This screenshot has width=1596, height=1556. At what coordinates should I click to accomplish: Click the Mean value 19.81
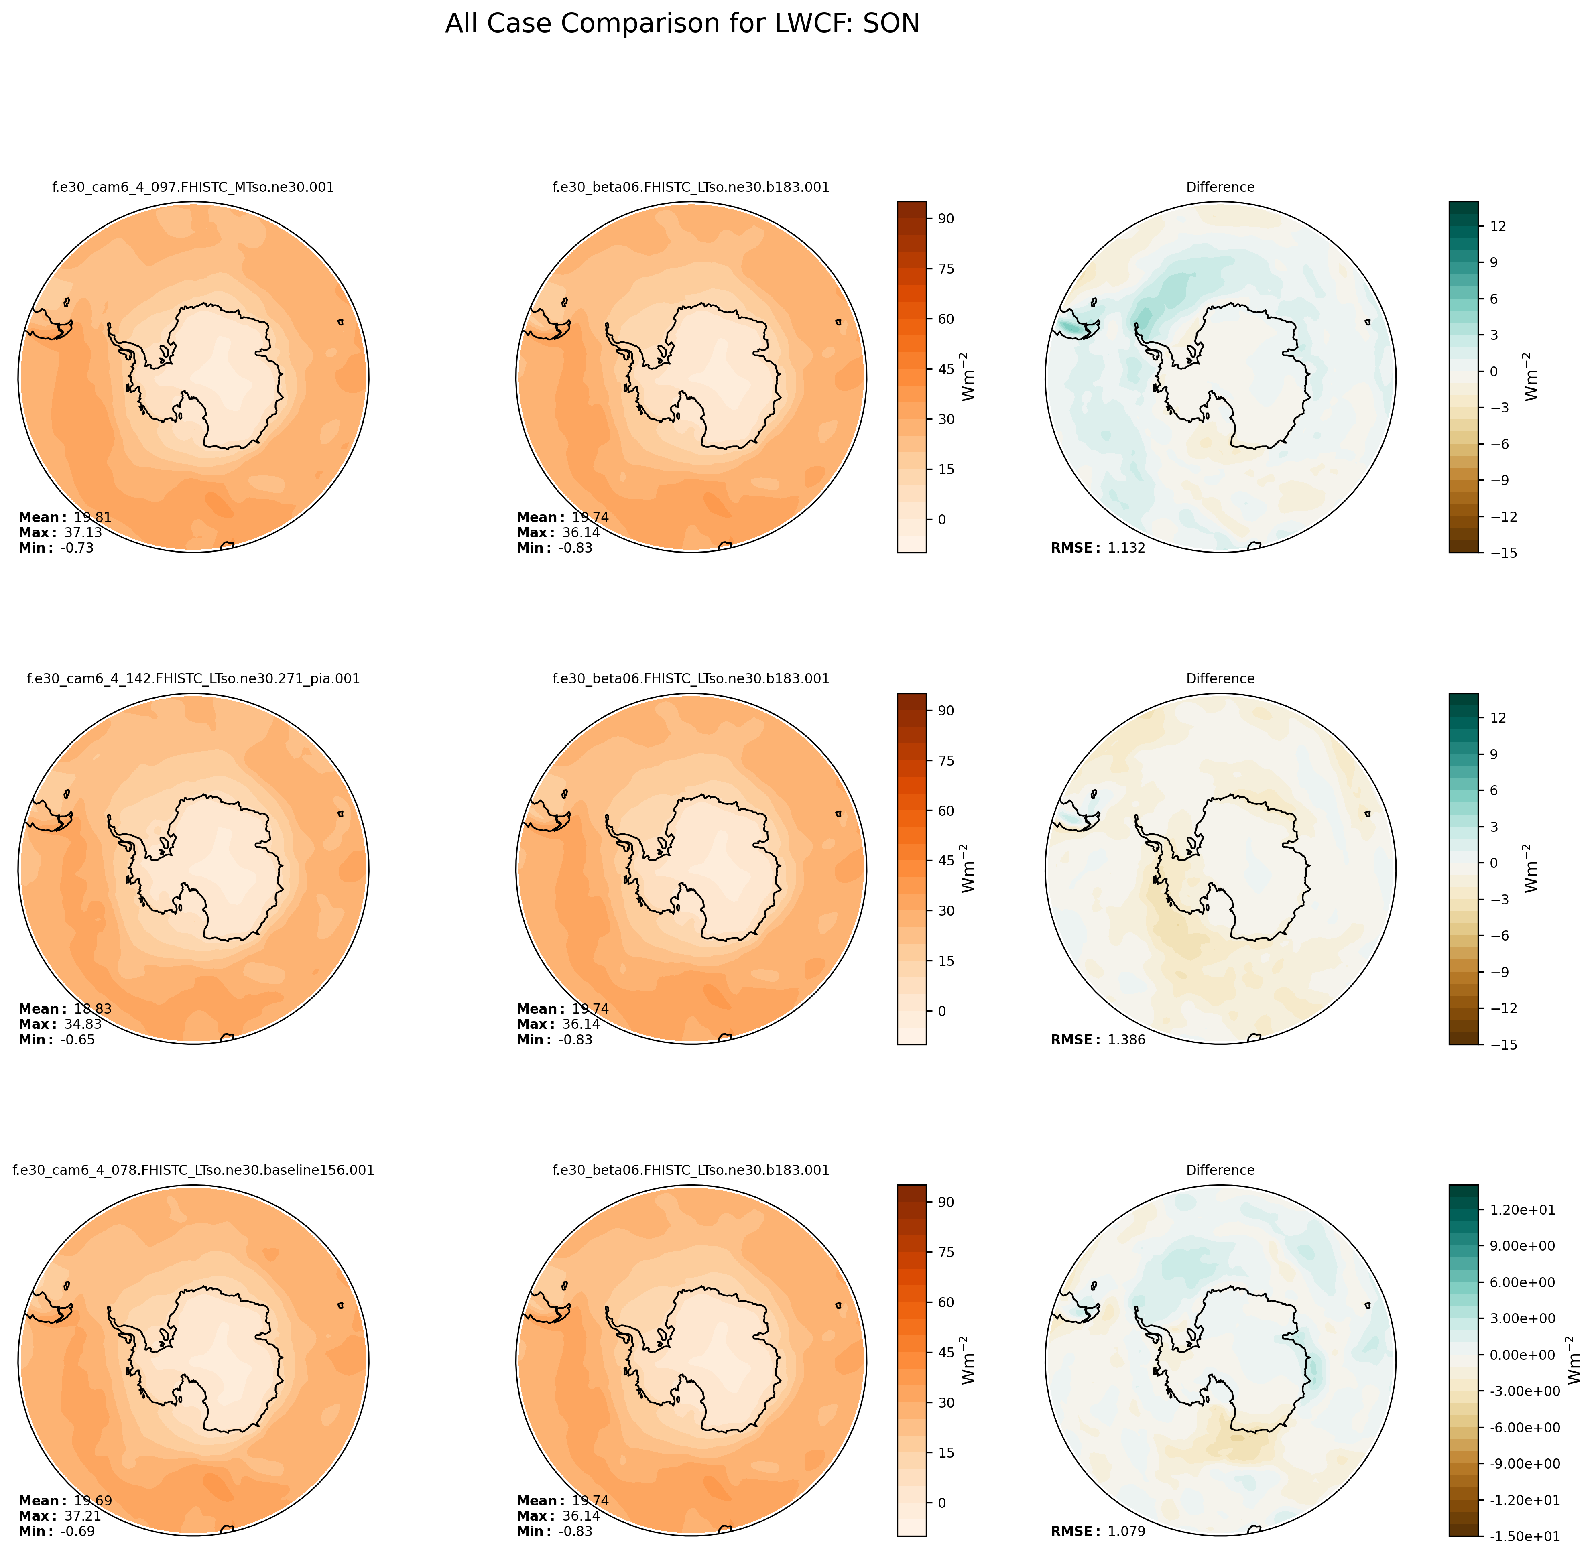coord(92,517)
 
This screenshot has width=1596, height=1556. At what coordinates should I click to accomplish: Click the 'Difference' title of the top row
coord(1220,187)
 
